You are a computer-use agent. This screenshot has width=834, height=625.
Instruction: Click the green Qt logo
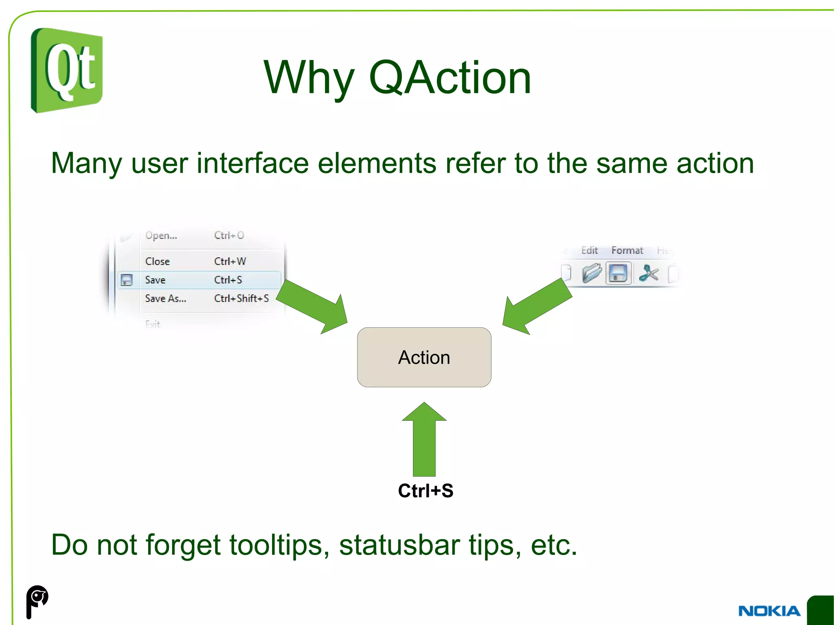[x=67, y=70]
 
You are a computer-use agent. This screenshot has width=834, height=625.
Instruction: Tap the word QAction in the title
[x=450, y=77]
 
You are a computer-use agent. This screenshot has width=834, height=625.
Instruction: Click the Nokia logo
[x=769, y=611]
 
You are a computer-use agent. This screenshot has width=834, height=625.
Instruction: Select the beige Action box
[x=424, y=357]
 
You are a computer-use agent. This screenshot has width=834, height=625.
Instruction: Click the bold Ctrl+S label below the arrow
[x=425, y=491]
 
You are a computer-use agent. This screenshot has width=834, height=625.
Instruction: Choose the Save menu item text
[x=155, y=280]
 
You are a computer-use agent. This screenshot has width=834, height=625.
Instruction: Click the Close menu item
[x=157, y=261]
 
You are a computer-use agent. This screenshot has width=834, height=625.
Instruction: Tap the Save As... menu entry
[x=165, y=298]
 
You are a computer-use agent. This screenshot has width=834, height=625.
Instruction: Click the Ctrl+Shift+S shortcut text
[x=241, y=298]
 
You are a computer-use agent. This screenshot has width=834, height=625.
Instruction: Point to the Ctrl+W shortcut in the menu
[x=230, y=261]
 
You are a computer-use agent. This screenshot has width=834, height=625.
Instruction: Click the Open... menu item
[x=161, y=235]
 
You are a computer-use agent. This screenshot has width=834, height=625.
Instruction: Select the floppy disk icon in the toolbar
[x=618, y=273]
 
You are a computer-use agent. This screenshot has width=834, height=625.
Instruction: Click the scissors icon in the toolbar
[x=648, y=273]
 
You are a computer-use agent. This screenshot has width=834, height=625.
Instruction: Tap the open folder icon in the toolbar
[x=591, y=273]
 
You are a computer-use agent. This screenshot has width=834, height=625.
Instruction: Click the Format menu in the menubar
[x=627, y=250]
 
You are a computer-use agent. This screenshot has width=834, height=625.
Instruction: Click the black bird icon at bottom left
[x=37, y=601]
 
